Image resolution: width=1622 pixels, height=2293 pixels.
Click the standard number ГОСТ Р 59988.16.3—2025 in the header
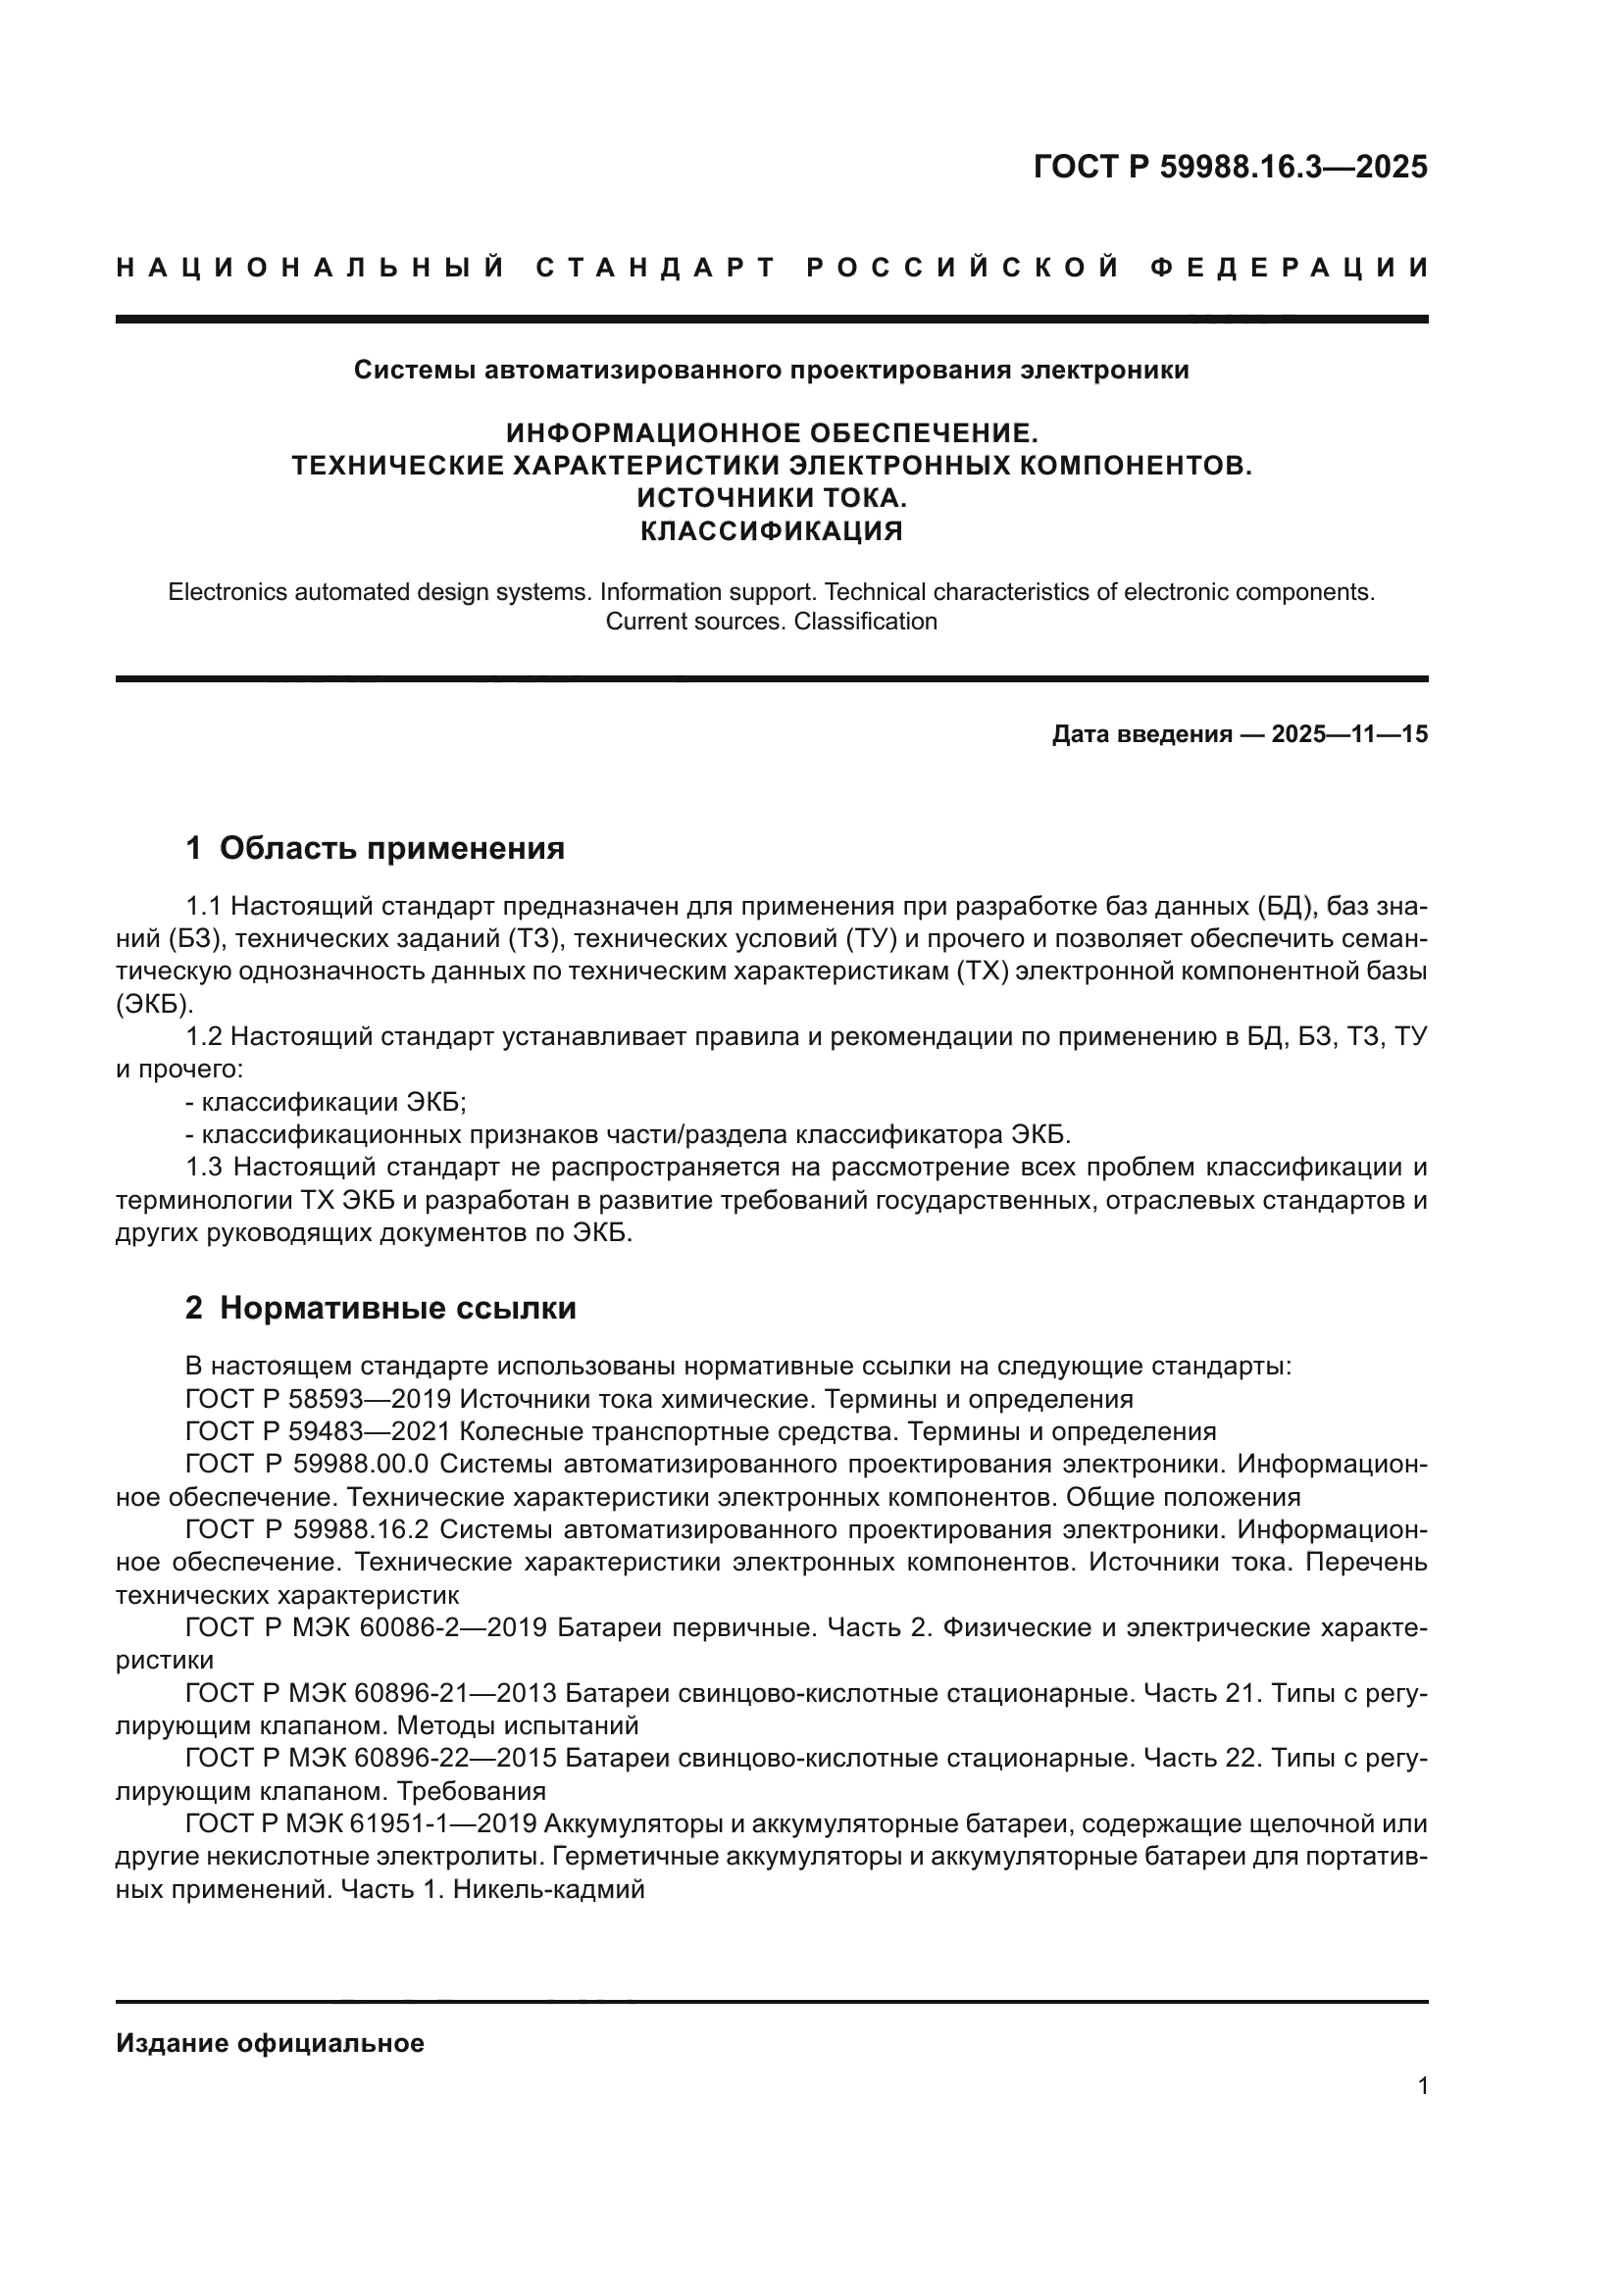click(1230, 167)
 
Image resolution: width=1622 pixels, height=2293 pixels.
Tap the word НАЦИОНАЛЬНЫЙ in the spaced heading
click(311, 268)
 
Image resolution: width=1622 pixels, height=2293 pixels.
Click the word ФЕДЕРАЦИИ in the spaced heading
click(1290, 268)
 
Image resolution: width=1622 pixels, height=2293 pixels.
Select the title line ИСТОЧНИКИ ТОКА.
click(771, 497)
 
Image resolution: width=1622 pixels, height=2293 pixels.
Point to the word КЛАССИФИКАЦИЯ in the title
click(771, 530)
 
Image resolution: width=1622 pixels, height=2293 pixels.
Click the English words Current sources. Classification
click(771, 622)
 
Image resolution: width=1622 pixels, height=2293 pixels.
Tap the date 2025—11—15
click(1349, 735)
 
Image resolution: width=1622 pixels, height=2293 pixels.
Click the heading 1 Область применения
click(375, 848)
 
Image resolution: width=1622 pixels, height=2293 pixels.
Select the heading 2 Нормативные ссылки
click(380, 1308)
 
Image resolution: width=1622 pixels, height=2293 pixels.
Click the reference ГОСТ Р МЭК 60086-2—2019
click(366, 1628)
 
